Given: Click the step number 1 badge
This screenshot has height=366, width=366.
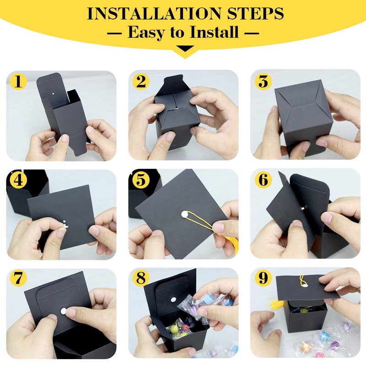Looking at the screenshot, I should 18,82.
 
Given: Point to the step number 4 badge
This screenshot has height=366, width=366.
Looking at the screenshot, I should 18,180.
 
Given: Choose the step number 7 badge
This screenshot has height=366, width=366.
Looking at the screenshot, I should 18,278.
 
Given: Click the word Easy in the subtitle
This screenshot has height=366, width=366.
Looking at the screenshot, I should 147,32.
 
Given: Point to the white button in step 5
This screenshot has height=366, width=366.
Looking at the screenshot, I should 184,214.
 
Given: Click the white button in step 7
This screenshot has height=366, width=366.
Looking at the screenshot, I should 64,311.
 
